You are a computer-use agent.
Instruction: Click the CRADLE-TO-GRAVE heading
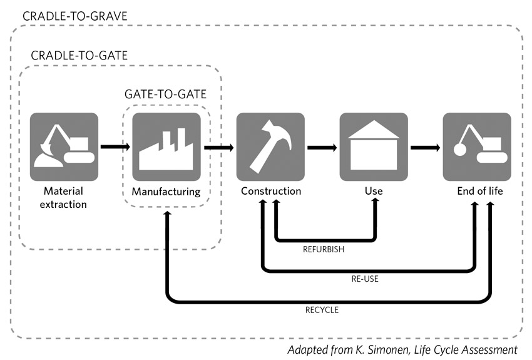74,16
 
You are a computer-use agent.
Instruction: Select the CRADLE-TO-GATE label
79,55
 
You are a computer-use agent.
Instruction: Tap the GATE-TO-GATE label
166,94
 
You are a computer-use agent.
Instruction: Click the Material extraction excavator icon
64,147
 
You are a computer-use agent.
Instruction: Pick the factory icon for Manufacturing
166,147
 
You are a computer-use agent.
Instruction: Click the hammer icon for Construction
270,147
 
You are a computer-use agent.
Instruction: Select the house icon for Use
374,147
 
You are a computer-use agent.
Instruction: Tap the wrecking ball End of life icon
477,147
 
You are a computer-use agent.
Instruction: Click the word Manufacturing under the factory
166,192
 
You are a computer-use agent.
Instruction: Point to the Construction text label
271,191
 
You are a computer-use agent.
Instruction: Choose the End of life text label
480,191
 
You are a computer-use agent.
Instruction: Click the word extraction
63,205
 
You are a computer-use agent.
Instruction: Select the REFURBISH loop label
324,249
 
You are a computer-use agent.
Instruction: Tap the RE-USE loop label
365,279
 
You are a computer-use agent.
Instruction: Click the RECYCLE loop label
322,310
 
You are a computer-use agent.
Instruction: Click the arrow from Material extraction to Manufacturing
115,147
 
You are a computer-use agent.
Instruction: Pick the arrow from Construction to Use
322,148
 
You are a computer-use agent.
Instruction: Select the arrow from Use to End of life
425,148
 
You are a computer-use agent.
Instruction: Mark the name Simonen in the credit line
389,350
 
